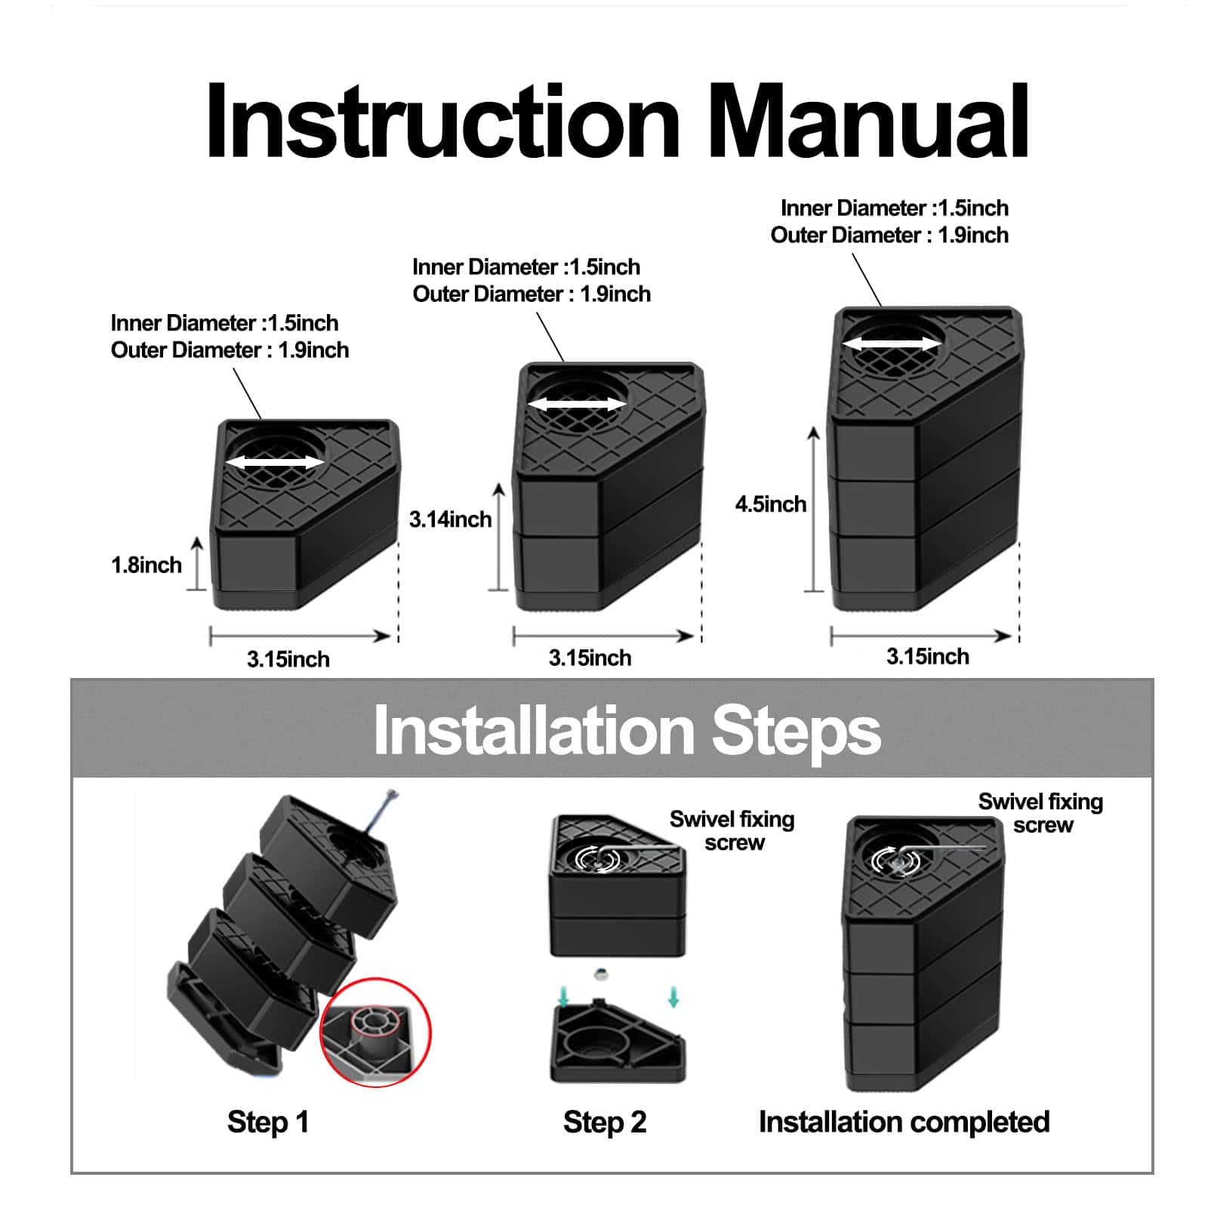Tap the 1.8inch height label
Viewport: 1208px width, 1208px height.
pos(146,565)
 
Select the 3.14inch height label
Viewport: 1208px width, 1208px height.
pos(450,519)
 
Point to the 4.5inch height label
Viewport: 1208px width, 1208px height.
pos(770,504)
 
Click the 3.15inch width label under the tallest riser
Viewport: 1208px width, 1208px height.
pos(927,656)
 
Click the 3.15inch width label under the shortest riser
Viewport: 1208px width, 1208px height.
pos(288,659)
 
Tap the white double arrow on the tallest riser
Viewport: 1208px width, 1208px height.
pos(892,344)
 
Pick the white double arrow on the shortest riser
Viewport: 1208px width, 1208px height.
pos(275,462)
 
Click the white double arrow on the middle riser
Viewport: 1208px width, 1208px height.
pos(577,405)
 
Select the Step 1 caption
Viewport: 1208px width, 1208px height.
pos(268,1122)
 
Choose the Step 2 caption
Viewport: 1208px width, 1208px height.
pos(604,1122)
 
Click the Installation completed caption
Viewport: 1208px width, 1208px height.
pos(904,1122)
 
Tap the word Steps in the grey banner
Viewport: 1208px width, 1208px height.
pos(796,730)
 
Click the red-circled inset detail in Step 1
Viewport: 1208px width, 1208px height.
pos(375,1032)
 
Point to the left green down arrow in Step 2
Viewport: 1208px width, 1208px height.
pos(563,999)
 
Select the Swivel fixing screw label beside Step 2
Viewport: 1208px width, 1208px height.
pos(732,830)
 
